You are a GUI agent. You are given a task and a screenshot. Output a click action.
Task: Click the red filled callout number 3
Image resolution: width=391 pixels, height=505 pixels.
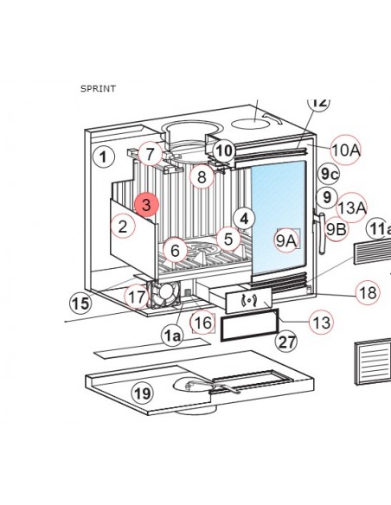[x=146, y=205]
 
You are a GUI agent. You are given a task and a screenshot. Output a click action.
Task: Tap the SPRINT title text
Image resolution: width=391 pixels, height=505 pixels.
[x=98, y=88]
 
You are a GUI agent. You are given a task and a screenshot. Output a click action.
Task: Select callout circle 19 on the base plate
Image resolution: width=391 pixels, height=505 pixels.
[x=143, y=393]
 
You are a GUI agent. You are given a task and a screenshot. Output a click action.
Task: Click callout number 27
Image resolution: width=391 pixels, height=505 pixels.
[x=286, y=342]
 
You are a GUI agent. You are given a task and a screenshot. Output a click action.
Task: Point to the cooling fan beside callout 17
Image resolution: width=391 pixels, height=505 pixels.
[x=164, y=294]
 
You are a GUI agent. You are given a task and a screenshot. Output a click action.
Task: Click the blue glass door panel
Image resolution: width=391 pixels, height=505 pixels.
[x=279, y=218]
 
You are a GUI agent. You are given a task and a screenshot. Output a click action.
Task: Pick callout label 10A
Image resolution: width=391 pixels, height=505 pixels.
[x=345, y=150]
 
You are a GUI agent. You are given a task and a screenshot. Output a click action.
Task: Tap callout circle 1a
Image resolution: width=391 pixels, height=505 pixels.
[x=172, y=336]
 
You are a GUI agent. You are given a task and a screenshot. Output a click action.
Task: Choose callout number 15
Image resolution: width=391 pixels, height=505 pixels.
[x=80, y=304]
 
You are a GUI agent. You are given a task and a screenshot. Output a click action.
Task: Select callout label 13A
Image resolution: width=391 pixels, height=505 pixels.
[x=351, y=208]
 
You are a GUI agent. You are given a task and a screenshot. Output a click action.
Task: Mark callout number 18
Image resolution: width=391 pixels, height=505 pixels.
[x=368, y=293]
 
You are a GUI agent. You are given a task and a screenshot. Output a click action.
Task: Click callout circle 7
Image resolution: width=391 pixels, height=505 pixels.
[x=151, y=154]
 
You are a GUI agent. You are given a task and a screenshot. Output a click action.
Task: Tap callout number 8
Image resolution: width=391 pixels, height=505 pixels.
[x=202, y=176]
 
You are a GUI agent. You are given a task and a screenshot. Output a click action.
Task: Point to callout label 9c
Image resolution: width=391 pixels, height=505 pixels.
[x=329, y=174]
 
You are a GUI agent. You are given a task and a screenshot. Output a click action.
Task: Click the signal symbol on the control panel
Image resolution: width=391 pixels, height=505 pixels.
[x=248, y=301]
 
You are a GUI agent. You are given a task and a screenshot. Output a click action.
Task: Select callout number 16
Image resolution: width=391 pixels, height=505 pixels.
[x=203, y=323]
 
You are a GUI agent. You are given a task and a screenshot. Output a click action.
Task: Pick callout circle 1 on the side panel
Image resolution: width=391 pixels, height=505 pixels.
[x=104, y=157]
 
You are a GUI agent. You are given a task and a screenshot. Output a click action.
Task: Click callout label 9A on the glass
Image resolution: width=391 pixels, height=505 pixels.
[x=286, y=240]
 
